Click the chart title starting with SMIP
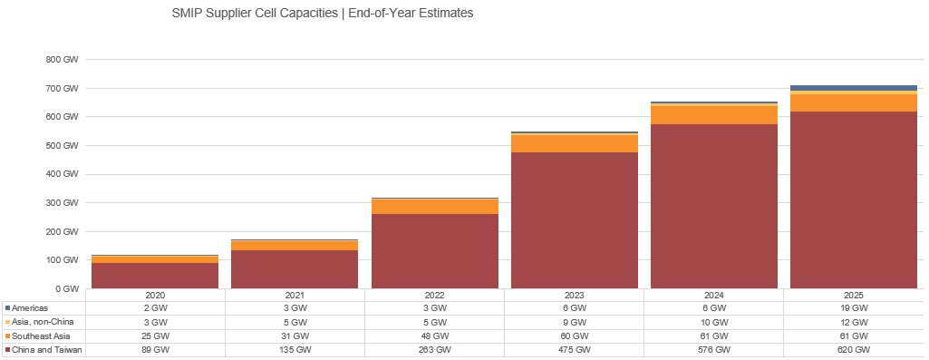(322, 15)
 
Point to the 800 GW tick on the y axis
(63, 60)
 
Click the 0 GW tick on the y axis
(67, 289)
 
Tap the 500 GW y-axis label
(63, 146)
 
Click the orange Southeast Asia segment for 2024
(714, 115)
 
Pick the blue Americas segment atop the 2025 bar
(854, 88)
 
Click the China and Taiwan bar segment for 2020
(154, 276)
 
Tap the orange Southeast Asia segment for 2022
(434, 207)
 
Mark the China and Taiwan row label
(46, 350)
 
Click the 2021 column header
(295, 296)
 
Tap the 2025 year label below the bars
(854, 296)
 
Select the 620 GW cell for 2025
(854, 350)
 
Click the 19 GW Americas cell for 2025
(854, 308)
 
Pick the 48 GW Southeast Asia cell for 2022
(434, 336)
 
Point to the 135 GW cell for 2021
(295, 350)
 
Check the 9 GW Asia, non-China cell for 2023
(574, 322)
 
